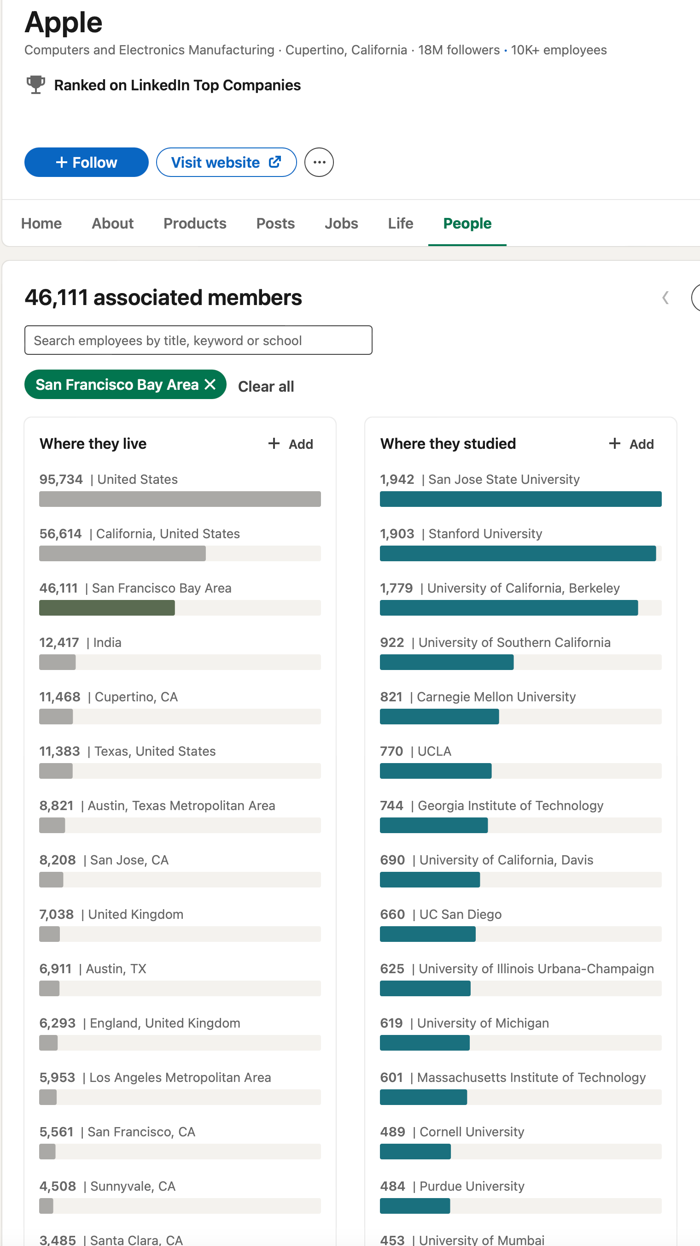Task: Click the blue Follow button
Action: (86, 163)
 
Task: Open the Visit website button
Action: (226, 163)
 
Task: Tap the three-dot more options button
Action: (319, 163)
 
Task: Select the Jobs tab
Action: (341, 223)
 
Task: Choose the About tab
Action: (113, 223)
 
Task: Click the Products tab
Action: (195, 223)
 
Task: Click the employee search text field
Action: (198, 341)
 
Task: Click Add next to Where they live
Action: (291, 444)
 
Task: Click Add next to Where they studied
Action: (631, 444)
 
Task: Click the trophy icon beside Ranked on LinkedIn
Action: (35, 85)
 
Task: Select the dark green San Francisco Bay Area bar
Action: (107, 608)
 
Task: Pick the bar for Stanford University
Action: (517, 553)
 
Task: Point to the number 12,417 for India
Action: (59, 643)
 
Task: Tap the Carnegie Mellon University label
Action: (496, 697)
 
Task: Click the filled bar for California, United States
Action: (122, 553)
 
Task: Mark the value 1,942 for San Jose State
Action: (397, 479)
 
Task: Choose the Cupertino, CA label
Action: (136, 697)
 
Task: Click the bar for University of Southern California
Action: (447, 662)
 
